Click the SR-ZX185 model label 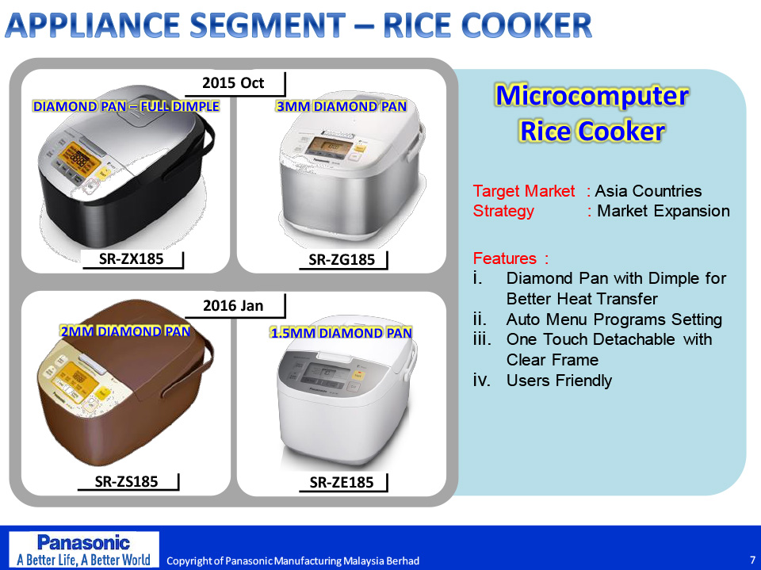coord(132,258)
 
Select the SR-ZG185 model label coord(342,260)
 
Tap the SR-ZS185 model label coord(126,481)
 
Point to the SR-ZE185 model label coord(342,482)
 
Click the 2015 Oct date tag coord(233,82)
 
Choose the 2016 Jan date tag coord(233,305)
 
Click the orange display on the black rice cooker coord(79,159)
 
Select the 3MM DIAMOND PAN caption coord(341,106)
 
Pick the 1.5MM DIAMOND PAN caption coord(341,333)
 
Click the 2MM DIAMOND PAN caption coord(125,331)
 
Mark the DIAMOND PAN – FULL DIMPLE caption coord(126,106)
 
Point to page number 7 coord(752,560)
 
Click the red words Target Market coord(524,191)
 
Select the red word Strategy coord(503,211)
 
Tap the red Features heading coord(511,258)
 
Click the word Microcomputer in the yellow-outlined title coord(591,95)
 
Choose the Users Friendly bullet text coord(559,381)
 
